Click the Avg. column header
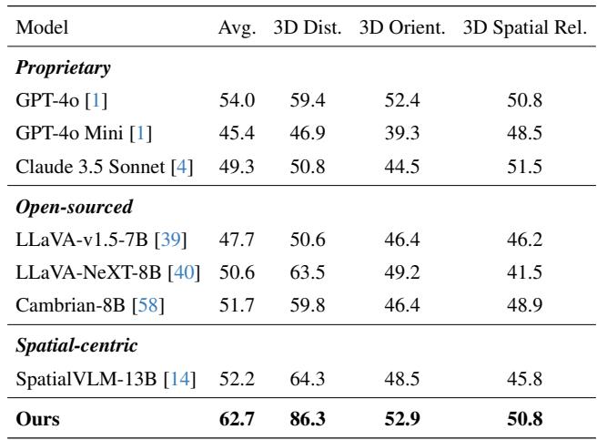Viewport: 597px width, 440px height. click(236, 27)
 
